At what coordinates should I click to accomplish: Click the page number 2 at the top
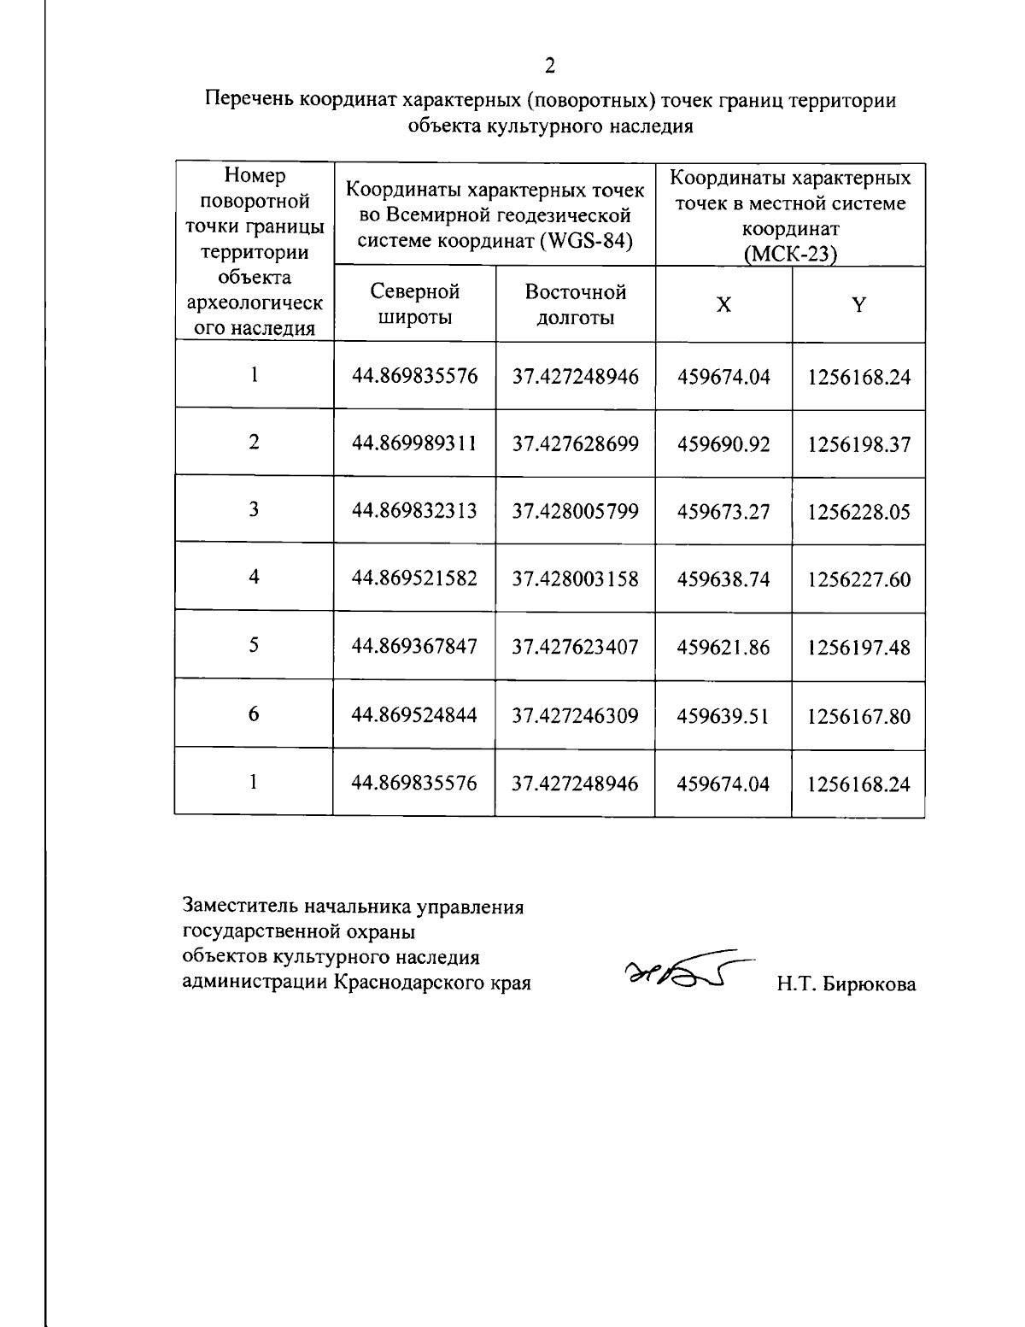tap(550, 66)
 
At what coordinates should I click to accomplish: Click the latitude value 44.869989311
tap(414, 443)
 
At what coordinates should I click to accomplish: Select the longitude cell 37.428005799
tap(575, 511)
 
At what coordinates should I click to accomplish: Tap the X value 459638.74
tap(723, 579)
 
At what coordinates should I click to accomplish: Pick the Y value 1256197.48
tap(858, 648)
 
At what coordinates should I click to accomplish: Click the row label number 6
tap(254, 714)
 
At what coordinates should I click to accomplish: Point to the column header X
tap(723, 305)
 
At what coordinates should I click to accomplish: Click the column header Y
tap(858, 305)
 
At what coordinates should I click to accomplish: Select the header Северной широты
tap(414, 305)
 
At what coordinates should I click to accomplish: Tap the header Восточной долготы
tap(575, 305)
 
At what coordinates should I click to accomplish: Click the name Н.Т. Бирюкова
tap(846, 984)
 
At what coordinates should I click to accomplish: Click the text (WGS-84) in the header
tap(587, 241)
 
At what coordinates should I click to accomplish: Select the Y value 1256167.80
tap(858, 716)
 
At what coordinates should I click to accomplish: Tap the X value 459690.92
tap(723, 444)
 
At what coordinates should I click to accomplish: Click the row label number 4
tap(254, 578)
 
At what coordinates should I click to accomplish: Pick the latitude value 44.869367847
tap(414, 646)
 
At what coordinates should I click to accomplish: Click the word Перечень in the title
tap(249, 101)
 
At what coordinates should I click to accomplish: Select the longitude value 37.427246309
tap(575, 715)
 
